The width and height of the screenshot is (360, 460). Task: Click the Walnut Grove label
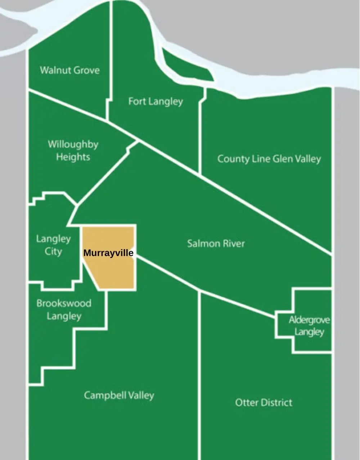tap(69, 70)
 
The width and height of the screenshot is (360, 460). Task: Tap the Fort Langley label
tap(156, 102)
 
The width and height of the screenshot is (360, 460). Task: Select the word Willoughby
tap(73, 144)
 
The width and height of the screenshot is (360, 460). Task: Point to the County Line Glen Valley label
tap(269, 159)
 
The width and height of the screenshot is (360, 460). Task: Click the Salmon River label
tap(216, 244)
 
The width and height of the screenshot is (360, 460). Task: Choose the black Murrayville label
tap(108, 253)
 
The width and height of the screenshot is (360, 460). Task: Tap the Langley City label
tap(53, 245)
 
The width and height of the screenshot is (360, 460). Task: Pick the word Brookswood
tap(64, 303)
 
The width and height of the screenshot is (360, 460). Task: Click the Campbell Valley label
tap(119, 395)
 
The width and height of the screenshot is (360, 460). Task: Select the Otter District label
tap(264, 402)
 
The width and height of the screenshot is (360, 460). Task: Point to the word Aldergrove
tap(309, 320)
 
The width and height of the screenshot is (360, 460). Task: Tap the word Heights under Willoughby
tap(73, 157)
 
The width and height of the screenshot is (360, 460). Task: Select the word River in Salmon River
tap(232, 244)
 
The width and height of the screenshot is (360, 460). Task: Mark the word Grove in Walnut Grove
tap(86, 70)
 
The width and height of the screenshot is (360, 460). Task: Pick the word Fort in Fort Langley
tap(137, 102)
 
